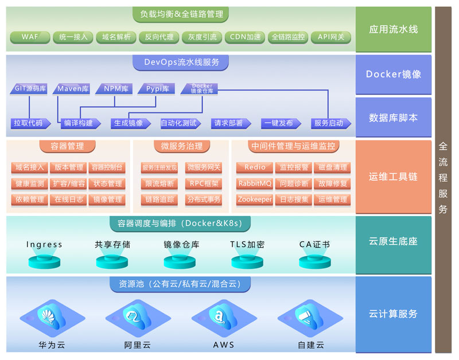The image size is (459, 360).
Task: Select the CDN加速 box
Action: (x=245, y=37)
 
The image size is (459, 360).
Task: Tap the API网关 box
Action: (x=331, y=37)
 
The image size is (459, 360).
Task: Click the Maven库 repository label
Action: (x=73, y=89)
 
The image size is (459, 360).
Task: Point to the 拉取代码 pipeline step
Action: (x=28, y=123)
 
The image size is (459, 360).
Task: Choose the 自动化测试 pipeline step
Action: (x=178, y=123)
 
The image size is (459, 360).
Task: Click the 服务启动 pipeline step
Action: (x=329, y=123)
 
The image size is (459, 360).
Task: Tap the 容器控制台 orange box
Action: (x=107, y=167)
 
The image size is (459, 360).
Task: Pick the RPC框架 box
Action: (x=203, y=183)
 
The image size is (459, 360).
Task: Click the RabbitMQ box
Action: (x=255, y=183)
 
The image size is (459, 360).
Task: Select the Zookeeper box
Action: (x=255, y=199)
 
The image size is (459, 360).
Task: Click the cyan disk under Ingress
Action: (x=44, y=261)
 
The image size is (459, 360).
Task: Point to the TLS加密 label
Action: (x=247, y=245)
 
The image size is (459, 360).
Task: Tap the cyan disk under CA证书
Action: (x=314, y=261)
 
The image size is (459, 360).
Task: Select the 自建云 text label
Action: (x=310, y=346)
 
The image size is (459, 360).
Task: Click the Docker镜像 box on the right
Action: (x=393, y=75)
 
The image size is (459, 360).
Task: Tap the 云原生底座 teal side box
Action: (x=393, y=241)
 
